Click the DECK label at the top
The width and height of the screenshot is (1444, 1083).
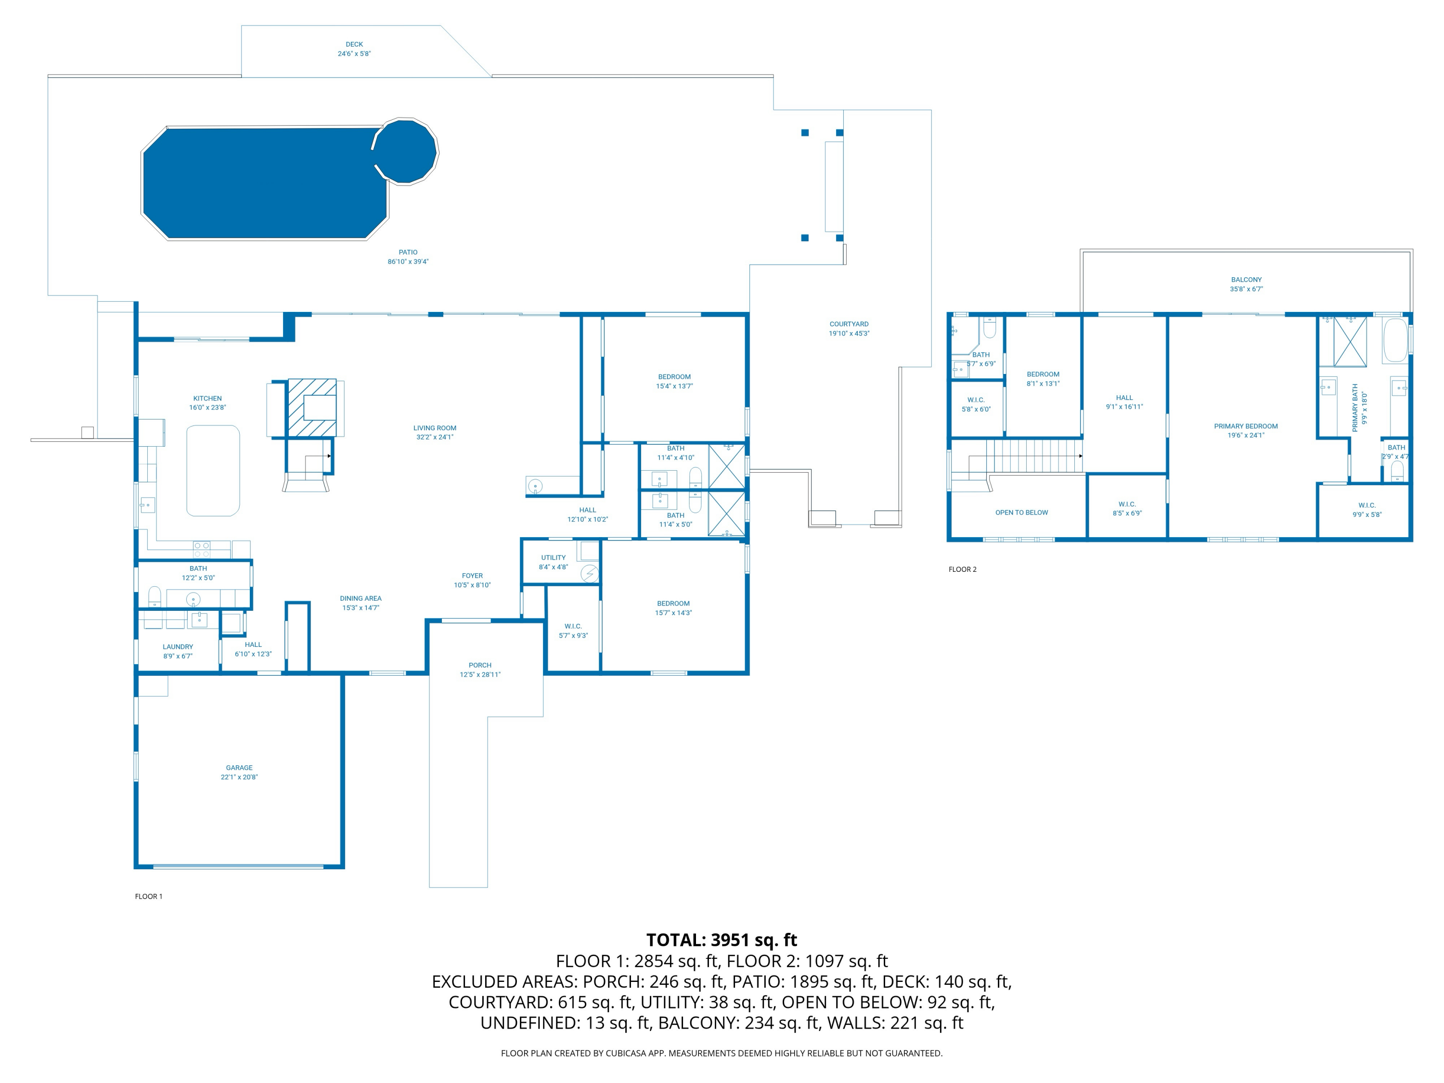pyautogui.click(x=354, y=44)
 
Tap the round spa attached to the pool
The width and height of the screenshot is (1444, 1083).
pyautogui.click(x=405, y=151)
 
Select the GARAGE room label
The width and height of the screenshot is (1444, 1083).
pyautogui.click(x=239, y=768)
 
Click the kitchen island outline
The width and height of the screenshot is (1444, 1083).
pyautogui.click(x=213, y=471)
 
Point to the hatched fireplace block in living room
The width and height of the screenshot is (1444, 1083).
pyautogui.click(x=312, y=407)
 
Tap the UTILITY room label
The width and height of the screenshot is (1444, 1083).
pyautogui.click(x=553, y=557)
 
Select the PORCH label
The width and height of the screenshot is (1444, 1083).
pyautogui.click(x=480, y=665)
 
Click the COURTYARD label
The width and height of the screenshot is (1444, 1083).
pyautogui.click(x=849, y=324)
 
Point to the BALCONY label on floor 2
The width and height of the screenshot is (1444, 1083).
pyautogui.click(x=1246, y=279)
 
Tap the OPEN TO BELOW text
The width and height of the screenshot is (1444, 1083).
pyautogui.click(x=1021, y=513)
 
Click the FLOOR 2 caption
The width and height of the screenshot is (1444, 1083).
pyautogui.click(x=962, y=569)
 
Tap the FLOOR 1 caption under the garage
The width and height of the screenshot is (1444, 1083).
pyautogui.click(x=148, y=896)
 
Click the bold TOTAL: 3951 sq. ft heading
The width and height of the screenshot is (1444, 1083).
pyautogui.click(x=722, y=940)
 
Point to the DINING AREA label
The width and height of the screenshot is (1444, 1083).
pyautogui.click(x=361, y=599)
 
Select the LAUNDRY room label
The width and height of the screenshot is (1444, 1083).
pyautogui.click(x=178, y=647)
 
